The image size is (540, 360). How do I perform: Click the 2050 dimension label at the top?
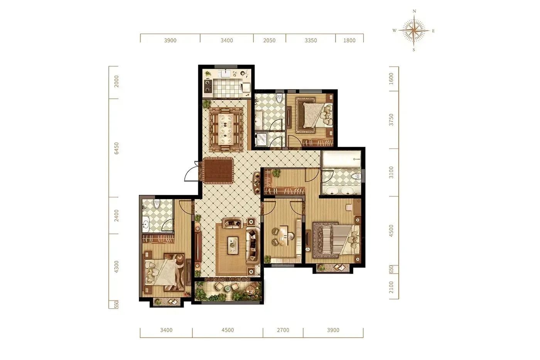click(269, 40)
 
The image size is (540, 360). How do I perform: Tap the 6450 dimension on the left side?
click(116, 148)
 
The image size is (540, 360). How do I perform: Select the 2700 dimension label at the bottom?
click(283, 330)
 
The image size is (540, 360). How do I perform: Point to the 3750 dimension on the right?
click(391, 120)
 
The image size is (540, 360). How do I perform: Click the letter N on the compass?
click(414, 11)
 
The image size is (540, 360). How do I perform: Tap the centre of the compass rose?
click(414, 30)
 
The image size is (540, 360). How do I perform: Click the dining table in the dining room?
click(226, 129)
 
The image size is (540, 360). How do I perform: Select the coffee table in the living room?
click(233, 245)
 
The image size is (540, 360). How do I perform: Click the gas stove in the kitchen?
click(208, 86)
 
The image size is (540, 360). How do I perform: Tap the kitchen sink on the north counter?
click(226, 73)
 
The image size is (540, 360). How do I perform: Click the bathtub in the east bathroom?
click(342, 159)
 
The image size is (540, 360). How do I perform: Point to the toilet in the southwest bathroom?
click(157, 204)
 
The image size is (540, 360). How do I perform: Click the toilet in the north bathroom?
click(279, 98)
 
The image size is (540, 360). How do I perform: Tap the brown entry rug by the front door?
click(218, 171)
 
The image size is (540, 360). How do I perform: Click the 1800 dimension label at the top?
click(349, 40)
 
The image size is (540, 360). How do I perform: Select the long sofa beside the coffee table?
click(252, 246)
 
